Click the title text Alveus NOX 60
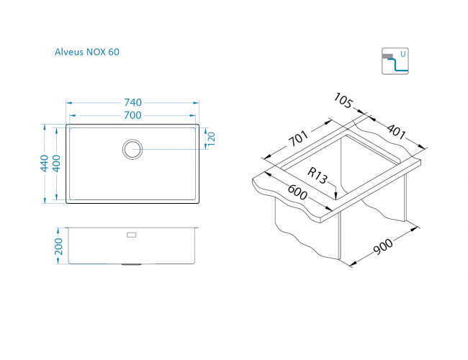(87, 52)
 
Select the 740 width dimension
(132, 102)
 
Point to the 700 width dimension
(132, 114)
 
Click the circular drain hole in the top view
(132, 149)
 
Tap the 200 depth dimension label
(58, 246)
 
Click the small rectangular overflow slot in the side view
(131, 235)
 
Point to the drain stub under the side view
(131, 265)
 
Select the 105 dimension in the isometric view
(344, 102)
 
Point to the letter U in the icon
(402, 54)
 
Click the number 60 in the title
(114, 52)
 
